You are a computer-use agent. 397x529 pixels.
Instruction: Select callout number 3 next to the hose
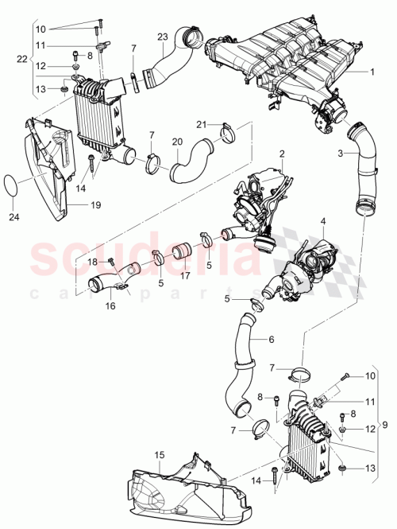click(341, 152)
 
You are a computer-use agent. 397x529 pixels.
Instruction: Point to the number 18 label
click(92, 261)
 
